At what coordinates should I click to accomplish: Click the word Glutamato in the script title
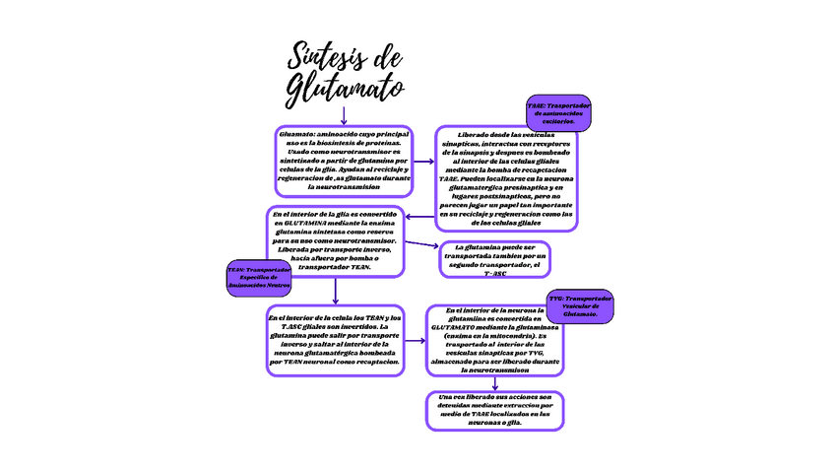point(346,88)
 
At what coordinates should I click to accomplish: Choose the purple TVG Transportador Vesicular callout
point(581,306)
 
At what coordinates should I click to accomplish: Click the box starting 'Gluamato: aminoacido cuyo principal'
point(343,160)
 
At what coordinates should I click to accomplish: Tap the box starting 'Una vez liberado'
point(495,410)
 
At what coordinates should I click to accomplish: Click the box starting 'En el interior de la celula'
point(335,340)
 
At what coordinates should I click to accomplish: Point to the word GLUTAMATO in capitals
point(460,327)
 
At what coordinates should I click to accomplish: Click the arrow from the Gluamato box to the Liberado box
point(423,160)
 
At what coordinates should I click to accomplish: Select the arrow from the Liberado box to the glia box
point(420,217)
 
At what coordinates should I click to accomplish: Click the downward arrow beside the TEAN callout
point(337,290)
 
